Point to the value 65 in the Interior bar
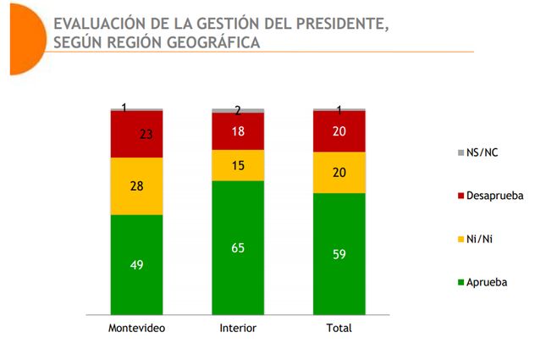tap(238, 248)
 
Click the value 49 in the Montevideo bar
tap(136, 265)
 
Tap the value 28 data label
tap(136, 186)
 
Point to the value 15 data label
tap(238, 165)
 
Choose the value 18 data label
tap(238, 131)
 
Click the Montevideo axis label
tap(136, 328)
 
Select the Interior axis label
tap(238, 328)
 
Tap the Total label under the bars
tap(339, 328)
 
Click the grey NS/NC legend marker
tap(460, 153)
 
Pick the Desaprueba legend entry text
tap(495, 196)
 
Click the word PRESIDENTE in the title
tap(335, 23)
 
